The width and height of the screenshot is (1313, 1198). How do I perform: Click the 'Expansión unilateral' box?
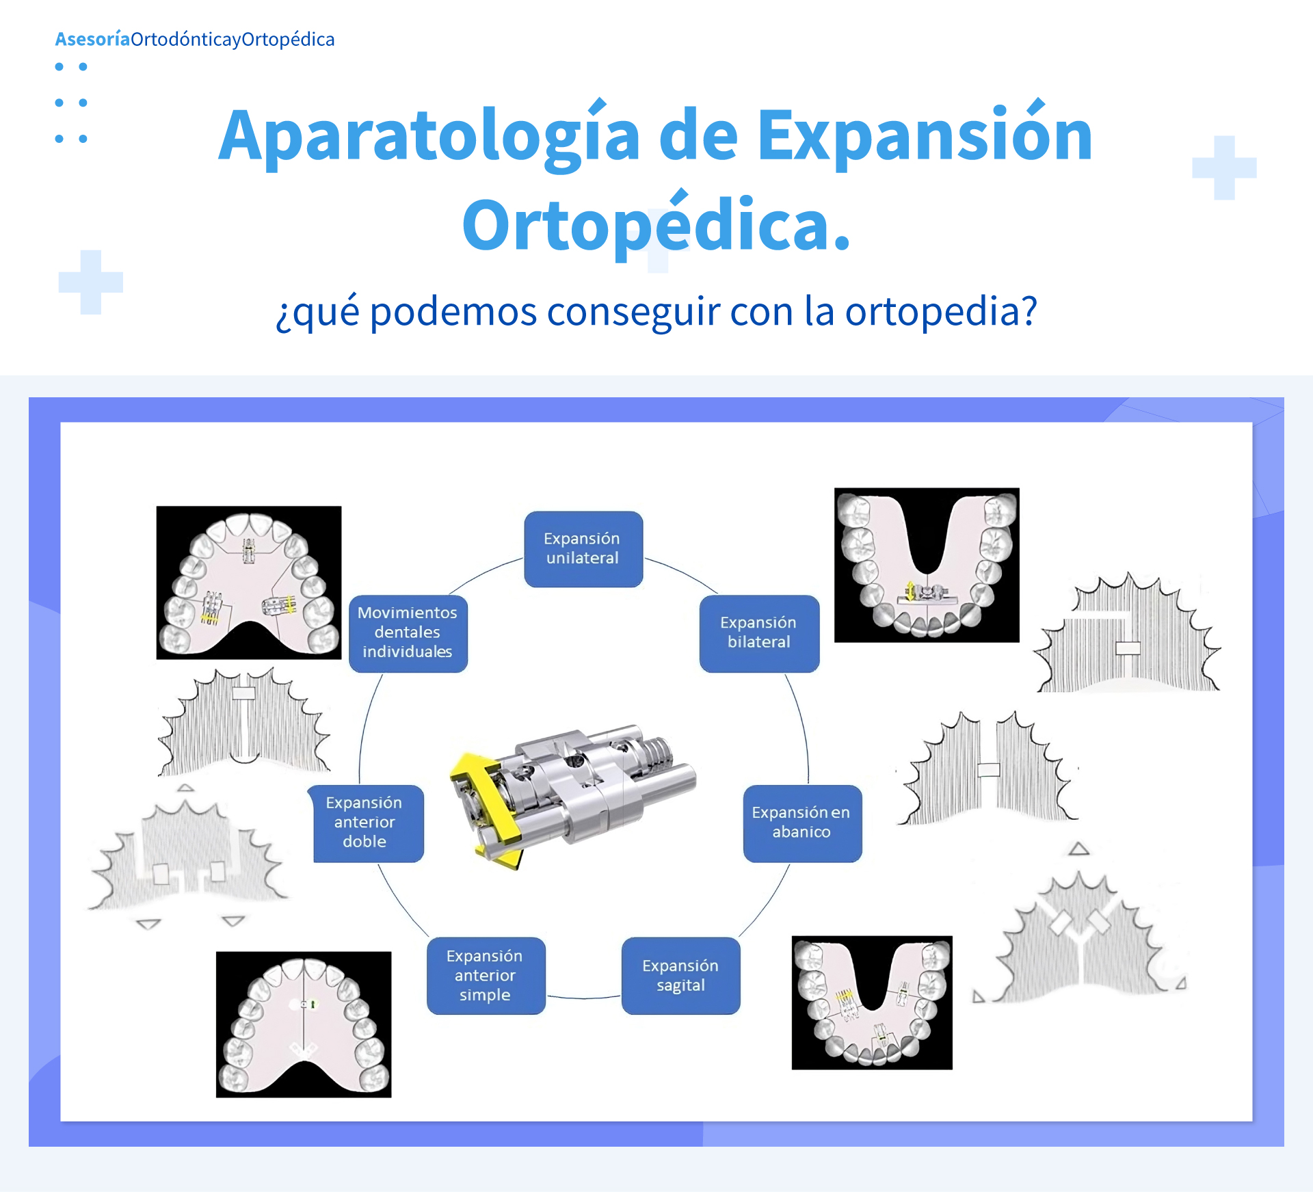tap(583, 549)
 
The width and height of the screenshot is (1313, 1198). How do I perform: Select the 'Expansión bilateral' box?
tap(759, 633)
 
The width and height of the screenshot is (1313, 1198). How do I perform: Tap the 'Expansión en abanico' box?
tap(802, 823)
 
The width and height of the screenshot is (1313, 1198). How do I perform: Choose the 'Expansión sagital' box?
tap(680, 976)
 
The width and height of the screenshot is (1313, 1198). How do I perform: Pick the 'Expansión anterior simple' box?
tap(486, 976)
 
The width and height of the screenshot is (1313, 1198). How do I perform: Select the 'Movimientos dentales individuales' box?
tap(408, 633)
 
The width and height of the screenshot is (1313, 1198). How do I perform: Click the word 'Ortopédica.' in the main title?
tap(656, 225)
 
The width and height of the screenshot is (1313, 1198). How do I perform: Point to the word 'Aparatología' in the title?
tap(429, 136)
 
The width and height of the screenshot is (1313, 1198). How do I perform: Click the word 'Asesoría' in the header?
tap(92, 39)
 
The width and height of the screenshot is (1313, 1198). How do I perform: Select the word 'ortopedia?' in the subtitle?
tap(941, 312)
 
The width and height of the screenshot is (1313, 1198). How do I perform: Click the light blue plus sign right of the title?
tap(1224, 168)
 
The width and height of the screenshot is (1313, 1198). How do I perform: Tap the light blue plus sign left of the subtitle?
tap(91, 282)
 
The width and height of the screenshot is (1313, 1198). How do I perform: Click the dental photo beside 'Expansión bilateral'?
tap(927, 565)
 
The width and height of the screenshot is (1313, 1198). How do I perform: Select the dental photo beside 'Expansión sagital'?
tap(872, 1002)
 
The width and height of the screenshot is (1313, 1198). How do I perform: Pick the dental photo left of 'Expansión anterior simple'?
tap(304, 1024)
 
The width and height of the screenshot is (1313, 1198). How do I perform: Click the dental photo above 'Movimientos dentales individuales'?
tap(249, 583)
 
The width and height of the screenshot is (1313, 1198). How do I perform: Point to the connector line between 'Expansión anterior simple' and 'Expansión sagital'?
tap(583, 998)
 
